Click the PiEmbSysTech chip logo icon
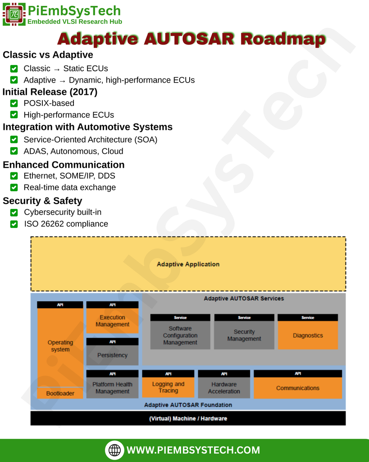coord(14,14)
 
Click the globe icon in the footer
coord(115,450)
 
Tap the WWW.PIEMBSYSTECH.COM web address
coord(193,450)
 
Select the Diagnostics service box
coord(308,335)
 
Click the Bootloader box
coord(60,393)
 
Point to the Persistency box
coord(112,355)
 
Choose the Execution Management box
coord(112,321)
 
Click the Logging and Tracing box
coord(168,388)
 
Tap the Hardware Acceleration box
coord(224,388)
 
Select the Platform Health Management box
coord(112,388)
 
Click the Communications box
coord(297,388)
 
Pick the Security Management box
coord(244,335)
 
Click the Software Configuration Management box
coord(180,335)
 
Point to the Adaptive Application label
coord(188,264)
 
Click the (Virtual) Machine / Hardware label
coord(188,419)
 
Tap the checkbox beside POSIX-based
coord(14,103)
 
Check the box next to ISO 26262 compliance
coord(14,224)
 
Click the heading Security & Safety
coord(42,201)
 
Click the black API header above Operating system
coord(60,305)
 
